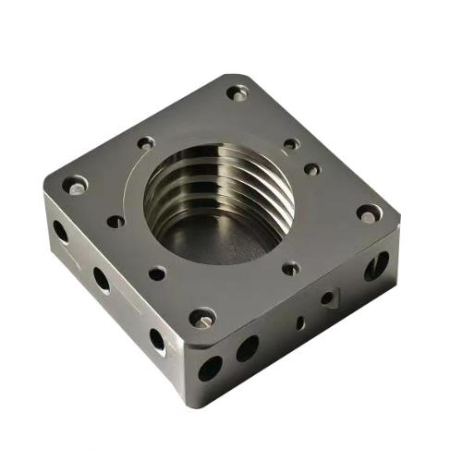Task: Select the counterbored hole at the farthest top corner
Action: point(237,92)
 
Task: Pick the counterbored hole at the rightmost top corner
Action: point(369,212)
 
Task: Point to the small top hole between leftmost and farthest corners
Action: point(146,143)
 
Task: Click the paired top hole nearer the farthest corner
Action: point(291,144)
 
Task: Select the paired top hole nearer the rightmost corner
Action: point(312,169)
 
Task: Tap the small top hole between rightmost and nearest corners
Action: point(290,268)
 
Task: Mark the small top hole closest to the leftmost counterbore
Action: point(116,221)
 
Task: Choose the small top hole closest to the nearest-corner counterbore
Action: point(157,273)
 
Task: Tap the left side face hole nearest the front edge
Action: point(157,339)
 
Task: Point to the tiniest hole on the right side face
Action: point(299,322)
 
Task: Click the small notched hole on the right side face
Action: point(328,297)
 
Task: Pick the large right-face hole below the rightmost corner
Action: point(376,266)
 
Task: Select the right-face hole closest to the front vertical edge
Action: point(211,368)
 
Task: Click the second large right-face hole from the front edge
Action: point(247,348)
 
